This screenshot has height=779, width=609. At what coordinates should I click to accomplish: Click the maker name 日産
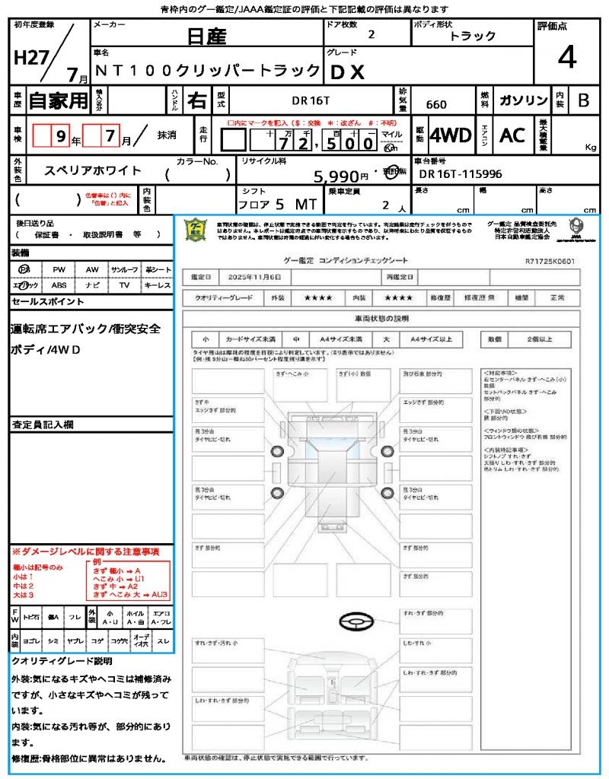206,36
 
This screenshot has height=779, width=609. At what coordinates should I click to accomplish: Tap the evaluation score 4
566,57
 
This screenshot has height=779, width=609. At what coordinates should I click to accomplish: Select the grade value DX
347,72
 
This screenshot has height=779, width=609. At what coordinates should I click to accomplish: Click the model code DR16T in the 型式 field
312,100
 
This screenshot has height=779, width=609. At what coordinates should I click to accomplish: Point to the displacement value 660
436,105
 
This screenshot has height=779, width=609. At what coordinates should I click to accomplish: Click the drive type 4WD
451,135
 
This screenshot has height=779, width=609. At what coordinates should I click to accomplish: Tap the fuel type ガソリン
522,100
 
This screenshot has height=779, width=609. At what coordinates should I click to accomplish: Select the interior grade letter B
583,100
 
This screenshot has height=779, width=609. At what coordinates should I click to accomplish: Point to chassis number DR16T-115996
461,174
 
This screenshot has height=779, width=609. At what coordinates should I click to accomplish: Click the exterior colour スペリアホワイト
94,171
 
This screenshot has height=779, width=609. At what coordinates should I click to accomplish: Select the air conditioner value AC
512,135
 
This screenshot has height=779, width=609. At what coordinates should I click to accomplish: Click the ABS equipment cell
59,285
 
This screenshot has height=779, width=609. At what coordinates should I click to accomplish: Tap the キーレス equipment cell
158,285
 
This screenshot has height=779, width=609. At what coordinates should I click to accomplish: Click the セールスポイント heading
47,302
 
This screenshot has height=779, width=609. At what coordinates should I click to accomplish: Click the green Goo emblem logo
196,230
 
